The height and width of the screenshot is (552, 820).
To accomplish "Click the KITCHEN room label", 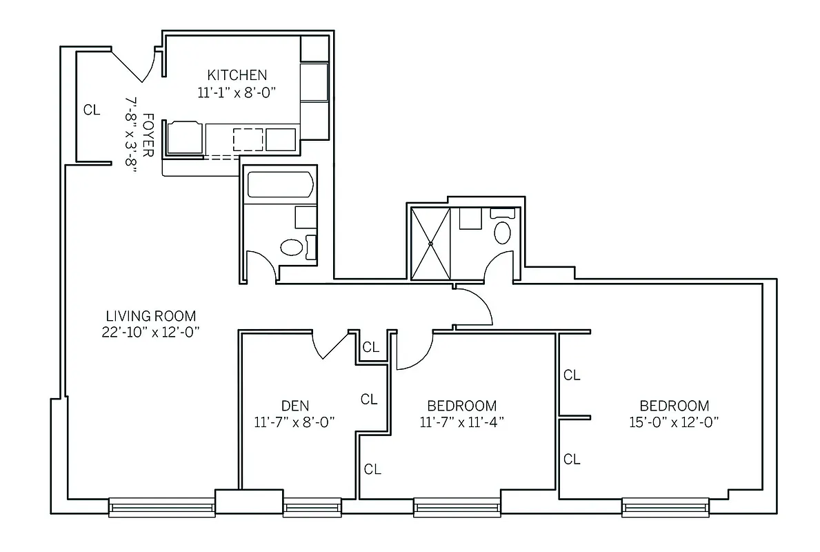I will (237, 75).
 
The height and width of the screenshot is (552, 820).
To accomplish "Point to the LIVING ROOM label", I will (150, 316).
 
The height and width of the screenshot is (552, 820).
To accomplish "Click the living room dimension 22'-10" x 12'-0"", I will (150, 332).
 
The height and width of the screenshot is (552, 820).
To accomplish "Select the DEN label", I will (294, 405).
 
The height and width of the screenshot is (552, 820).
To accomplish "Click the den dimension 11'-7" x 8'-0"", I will (294, 422).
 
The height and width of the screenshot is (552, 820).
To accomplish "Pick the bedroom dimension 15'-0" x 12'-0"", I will (674, 422).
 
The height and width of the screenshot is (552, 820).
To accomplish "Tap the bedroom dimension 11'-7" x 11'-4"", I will (461, 422).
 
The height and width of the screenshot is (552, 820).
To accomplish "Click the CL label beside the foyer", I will (92, 110).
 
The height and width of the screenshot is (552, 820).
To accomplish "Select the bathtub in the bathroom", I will (281, 185).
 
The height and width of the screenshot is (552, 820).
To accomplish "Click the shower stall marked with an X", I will (430, 243).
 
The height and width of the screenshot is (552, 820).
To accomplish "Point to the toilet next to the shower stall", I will (503, 232).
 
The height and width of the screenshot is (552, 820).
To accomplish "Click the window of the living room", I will (161, 508).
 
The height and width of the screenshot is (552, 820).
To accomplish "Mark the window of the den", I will (308, 509).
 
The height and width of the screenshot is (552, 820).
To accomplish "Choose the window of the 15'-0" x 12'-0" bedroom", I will (666, 509).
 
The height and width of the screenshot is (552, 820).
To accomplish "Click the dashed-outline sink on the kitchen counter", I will (248, 139).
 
